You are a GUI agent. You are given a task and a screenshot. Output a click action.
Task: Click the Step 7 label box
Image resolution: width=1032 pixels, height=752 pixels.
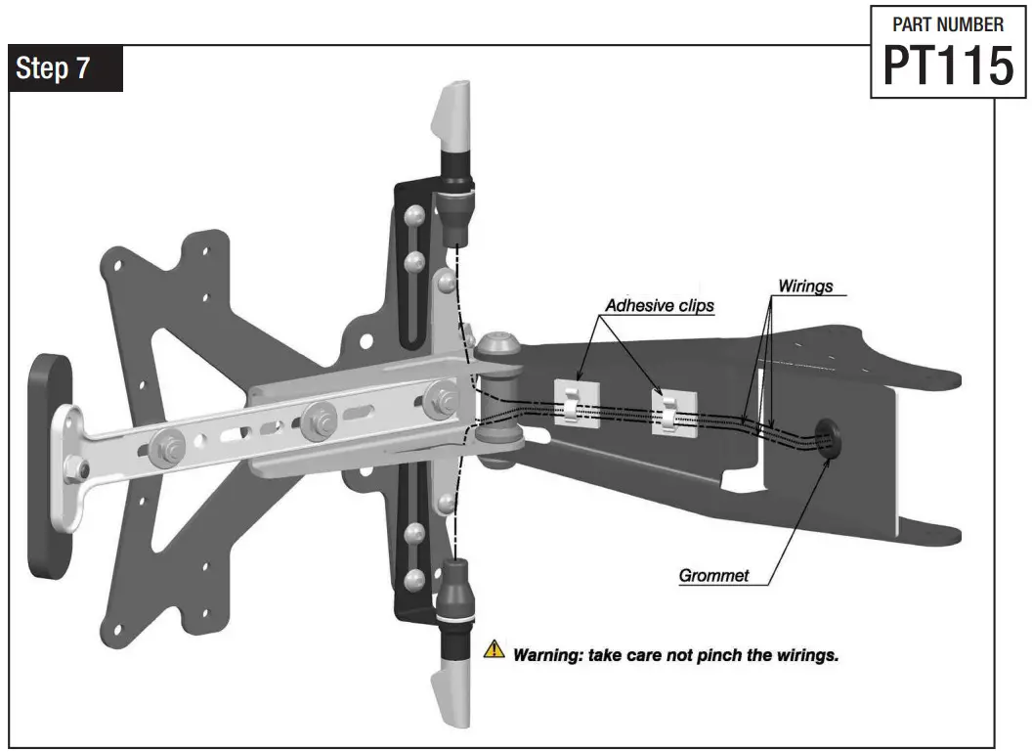[65, 69]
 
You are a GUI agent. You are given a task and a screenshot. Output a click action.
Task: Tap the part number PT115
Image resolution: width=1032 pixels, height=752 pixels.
[947, 66]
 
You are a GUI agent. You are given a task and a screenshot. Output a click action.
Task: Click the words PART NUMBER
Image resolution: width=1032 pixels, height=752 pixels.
[947, 25]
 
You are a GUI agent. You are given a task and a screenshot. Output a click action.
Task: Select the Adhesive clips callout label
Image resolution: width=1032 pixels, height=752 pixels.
[659, 305]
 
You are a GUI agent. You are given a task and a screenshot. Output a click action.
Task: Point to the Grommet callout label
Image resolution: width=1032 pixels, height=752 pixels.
[713, 575]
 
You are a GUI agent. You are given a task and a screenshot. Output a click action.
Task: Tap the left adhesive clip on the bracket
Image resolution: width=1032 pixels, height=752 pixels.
[577, 401]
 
